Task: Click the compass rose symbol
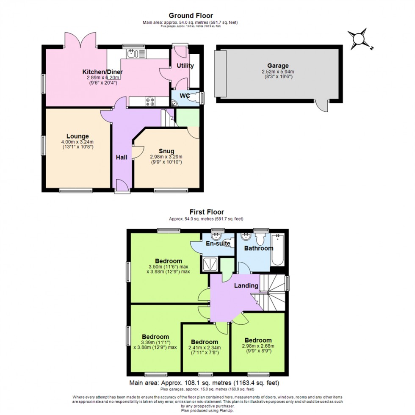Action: point(359,39)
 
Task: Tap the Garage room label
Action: point(278,66)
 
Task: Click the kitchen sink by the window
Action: point(135,53)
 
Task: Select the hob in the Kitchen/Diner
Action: point(150,102)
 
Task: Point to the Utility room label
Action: point(185,66)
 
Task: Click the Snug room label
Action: point(166,151)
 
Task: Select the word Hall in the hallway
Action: point(122,158)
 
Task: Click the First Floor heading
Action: point(207,212)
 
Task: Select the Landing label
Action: point(247,286)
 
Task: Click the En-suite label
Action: point(218,243)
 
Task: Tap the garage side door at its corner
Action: point(324,106)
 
